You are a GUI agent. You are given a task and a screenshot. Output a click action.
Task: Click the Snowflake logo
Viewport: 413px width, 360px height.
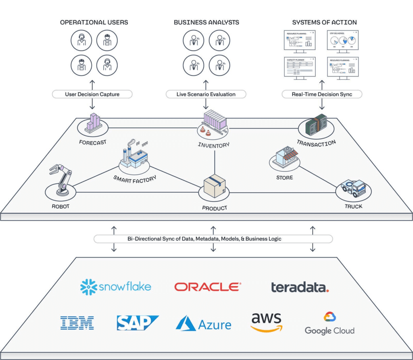click(116, 287)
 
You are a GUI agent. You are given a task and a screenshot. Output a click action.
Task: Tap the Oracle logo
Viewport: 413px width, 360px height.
click(208, 287)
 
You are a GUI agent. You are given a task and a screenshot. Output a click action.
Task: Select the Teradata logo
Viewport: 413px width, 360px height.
click(300, 287)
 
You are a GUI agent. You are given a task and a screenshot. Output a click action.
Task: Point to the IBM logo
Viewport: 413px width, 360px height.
click(77, 323)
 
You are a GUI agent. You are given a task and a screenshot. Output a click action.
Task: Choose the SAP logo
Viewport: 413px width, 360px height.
click(138, 323)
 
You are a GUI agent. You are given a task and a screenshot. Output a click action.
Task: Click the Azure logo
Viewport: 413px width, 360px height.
click(204, 324)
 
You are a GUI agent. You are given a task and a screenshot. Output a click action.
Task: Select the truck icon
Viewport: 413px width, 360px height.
click(353, 187)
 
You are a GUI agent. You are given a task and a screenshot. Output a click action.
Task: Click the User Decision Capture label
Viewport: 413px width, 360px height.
click(92, 94)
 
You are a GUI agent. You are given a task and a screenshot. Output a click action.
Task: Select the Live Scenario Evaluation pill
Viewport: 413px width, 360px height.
click(206, 94)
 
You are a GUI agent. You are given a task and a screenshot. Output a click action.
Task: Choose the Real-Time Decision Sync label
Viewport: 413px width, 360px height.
click(321, 94)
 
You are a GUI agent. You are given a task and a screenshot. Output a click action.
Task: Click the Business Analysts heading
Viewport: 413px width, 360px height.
click(206, 23)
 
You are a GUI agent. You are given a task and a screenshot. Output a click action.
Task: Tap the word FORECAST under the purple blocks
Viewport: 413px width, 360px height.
click(93, 142)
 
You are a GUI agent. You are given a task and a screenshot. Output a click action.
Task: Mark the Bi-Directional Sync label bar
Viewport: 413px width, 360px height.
click(213, 239)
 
